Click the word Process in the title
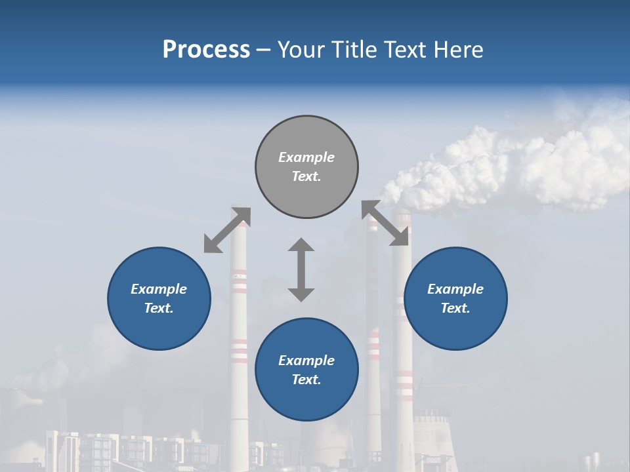(206, 50)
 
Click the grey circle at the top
(306, 167)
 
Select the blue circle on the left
(159, 298)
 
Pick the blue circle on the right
(455, 298)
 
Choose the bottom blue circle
(306, 370)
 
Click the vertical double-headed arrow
(301, 269)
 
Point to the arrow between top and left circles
(227, 230)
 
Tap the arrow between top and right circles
(385, 224)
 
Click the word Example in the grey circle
(306, 157)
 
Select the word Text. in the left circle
(159, 308)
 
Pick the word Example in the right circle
(455, 289)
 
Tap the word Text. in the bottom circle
(306, 380)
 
